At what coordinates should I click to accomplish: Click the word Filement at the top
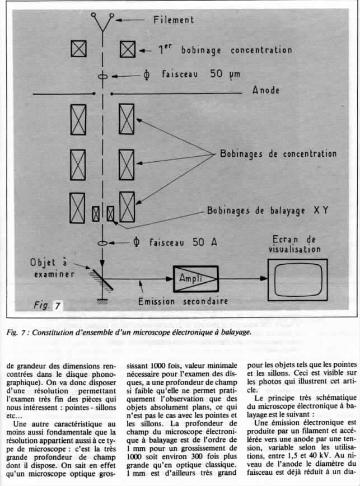pyautogui.click(x=174, y=20)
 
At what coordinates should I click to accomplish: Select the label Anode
pyautogui.click(x=270, y=90)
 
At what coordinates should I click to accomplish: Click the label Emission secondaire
pyautogui.click(x=185, y=301)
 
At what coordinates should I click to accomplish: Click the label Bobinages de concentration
pyautogui.click(x=278, y=153)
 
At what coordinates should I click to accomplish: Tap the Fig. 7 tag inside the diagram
pyautogui.click(x=49, y=306)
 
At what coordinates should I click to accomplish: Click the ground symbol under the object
pyautogui.click(x=103, y=302)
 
